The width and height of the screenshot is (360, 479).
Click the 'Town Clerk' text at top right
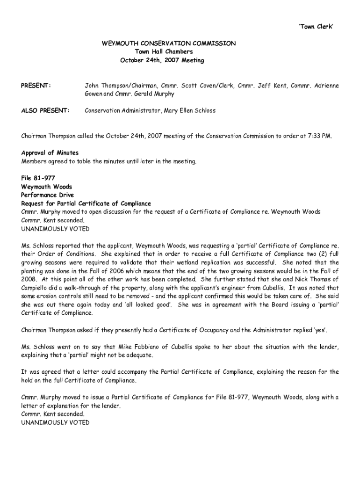(316, 27)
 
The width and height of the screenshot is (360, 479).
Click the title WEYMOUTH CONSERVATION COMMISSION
(169, 44)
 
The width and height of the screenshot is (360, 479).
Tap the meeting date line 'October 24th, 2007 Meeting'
(162, 60)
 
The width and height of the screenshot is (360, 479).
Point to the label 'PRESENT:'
(36, 86)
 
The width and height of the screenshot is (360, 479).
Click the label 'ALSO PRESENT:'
(45, 111)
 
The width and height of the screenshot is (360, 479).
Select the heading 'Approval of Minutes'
(50, 153)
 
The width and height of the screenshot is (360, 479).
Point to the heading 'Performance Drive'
(48, 195)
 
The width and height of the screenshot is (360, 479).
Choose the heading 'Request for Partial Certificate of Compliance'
(86, 203)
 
